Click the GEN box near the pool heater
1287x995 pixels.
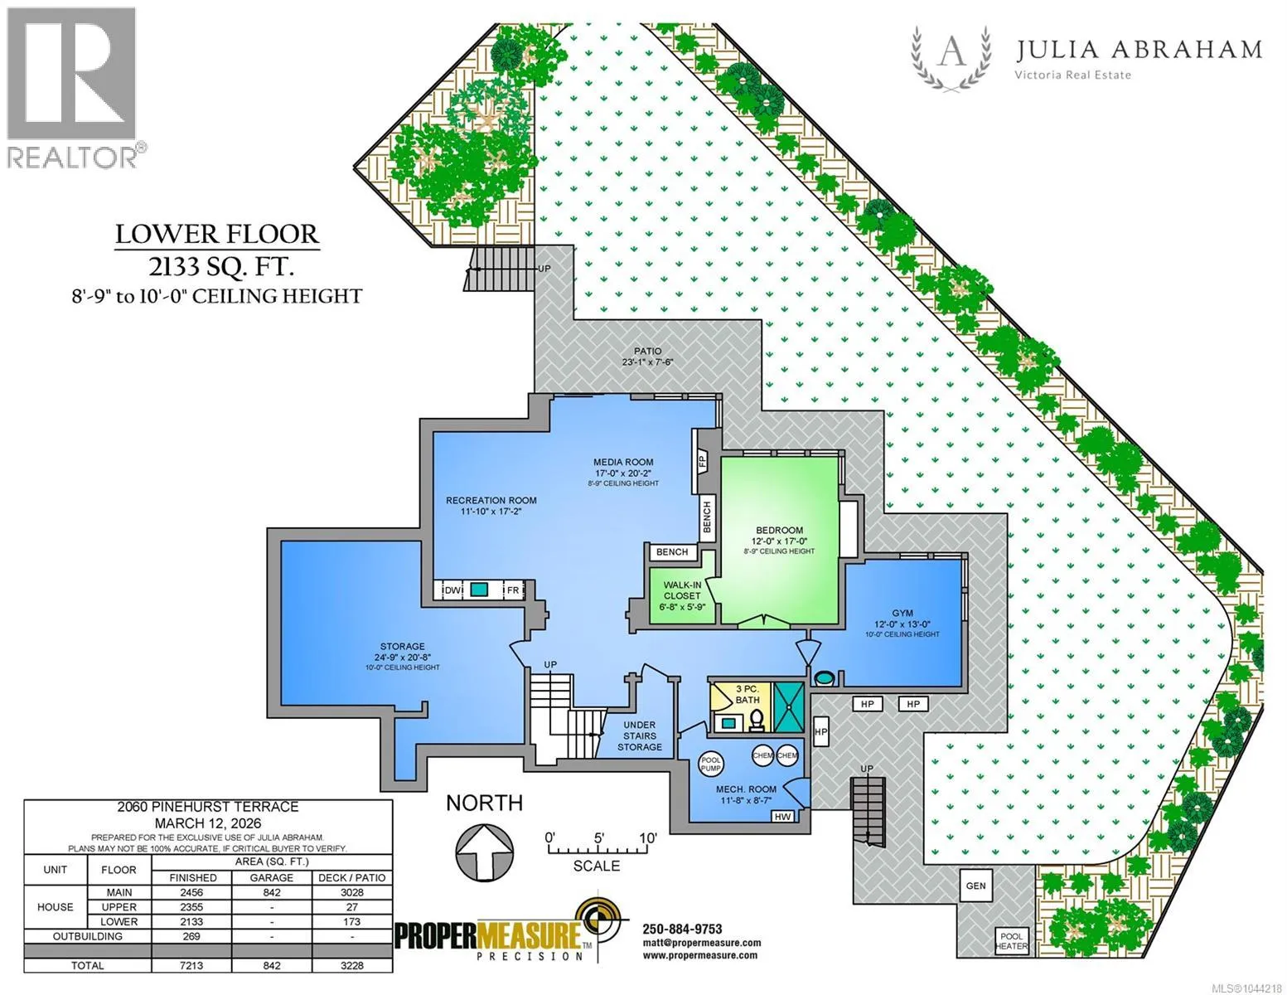tap(975, 886)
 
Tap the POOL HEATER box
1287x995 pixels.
tap(1012, 941)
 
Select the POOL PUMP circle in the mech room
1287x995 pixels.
tap(711, 764)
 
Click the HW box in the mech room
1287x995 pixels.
tap(783, 816)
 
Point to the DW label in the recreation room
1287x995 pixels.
tap(452, 590)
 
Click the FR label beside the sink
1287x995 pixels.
tap(512, 590)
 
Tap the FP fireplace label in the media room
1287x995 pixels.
tap(703, 460)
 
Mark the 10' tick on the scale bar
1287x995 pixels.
tap(647, 838)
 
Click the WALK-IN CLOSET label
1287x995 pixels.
tap(682, 595)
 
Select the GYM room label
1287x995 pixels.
tap(902, 613)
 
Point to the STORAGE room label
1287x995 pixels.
tap(403, 646)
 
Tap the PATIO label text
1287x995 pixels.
tap(647, 352)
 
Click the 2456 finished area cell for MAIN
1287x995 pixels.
tap(192, 892)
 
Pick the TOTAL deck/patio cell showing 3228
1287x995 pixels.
tap(352, 965)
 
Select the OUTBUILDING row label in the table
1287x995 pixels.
tap(88, 936)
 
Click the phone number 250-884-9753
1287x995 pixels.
tap(682, 929)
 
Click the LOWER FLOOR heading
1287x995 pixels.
tap(217, 235)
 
